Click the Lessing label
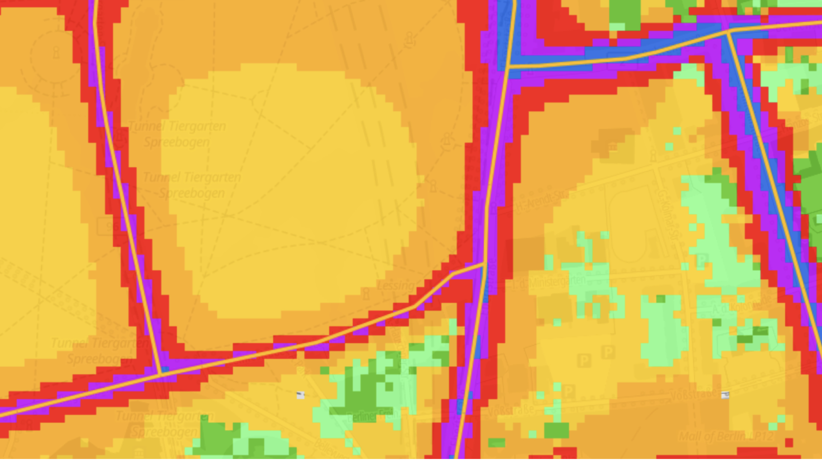[395, 286]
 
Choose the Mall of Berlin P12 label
[726, 437]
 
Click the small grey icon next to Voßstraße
[725, 395]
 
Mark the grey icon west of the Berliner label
[301, 395]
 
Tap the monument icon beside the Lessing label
[366, 294]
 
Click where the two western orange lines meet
[160, 373]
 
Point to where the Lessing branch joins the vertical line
[484, 263]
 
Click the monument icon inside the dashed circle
[56, 53]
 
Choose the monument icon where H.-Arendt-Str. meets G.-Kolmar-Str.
[653, 155]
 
